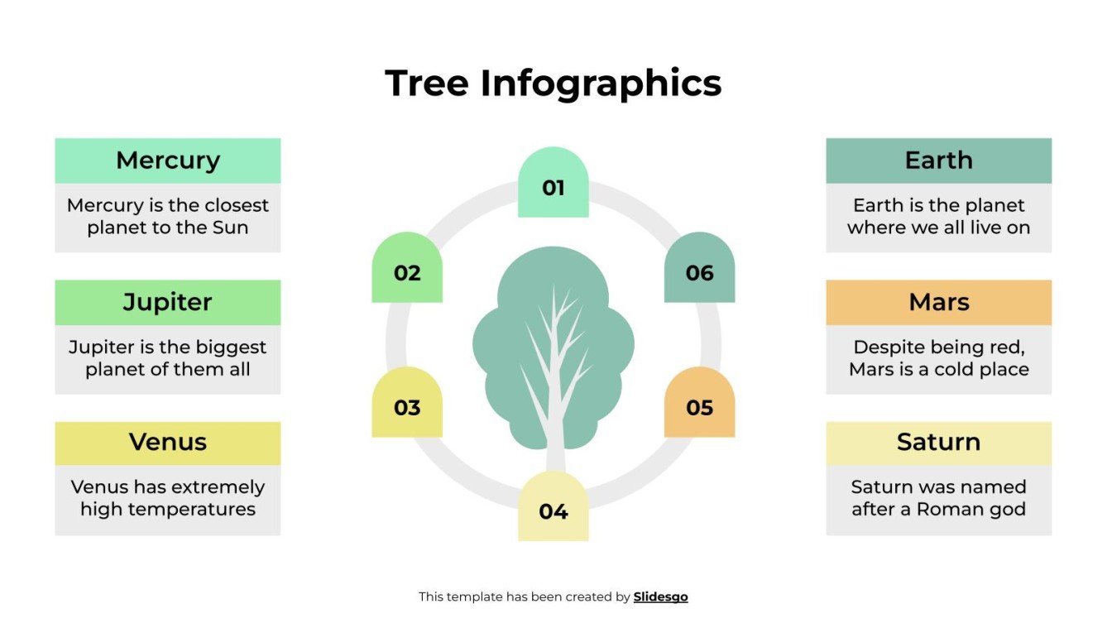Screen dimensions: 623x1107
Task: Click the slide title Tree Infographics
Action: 553,84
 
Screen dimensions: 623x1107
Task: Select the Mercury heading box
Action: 168,161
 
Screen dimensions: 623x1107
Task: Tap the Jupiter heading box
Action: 168,302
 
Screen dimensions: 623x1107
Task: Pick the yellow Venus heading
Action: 168,443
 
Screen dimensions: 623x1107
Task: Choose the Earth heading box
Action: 938,161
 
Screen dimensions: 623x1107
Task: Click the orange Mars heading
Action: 938,302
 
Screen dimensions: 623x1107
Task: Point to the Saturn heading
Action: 938,443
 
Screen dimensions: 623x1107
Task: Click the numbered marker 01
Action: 553,187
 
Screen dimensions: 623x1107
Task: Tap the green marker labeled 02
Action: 407,271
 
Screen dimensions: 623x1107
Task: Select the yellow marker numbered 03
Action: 407,406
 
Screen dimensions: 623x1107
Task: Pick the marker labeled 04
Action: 553,510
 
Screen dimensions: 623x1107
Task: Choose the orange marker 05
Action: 699,406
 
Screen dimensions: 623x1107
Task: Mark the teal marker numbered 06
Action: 699,271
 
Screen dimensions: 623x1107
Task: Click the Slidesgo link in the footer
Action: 660,597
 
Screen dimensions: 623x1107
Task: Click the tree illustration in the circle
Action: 553,347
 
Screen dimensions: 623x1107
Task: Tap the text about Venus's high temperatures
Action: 168,498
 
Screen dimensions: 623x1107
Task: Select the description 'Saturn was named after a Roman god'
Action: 938,498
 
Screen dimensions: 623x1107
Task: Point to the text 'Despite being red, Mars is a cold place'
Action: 938,358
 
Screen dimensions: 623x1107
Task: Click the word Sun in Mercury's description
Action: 230,228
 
